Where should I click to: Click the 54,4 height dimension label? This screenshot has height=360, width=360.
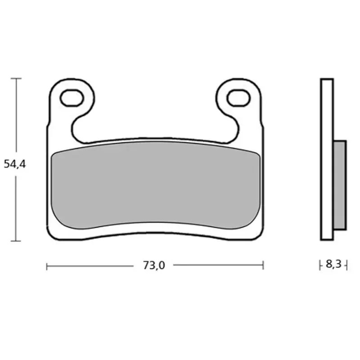click(x=15, y=164)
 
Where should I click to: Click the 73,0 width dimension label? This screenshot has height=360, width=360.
click(x=154, y=265)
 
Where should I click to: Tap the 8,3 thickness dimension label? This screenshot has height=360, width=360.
click(x=333, y=265)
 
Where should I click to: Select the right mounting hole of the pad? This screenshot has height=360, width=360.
click(x=238, y=97)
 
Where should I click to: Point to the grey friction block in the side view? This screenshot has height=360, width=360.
click(x=340, y=184)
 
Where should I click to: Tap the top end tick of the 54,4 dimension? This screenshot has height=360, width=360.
click(x=16, y=78)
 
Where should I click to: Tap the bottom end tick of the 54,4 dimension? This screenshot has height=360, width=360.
click(x=16, y=241)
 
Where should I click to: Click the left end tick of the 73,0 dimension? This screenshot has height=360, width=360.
click(x=47, y=266)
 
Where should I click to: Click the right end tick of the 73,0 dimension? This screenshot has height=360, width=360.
click(x=263, y=266)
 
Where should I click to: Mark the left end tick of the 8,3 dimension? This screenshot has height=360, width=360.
click(x=320, y=265)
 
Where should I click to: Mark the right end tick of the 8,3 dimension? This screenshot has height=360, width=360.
click(x=346, y=265)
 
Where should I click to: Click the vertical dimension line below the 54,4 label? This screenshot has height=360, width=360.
click(x=16, y=207)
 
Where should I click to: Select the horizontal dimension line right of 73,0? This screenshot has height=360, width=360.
click(x=216, y=266)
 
